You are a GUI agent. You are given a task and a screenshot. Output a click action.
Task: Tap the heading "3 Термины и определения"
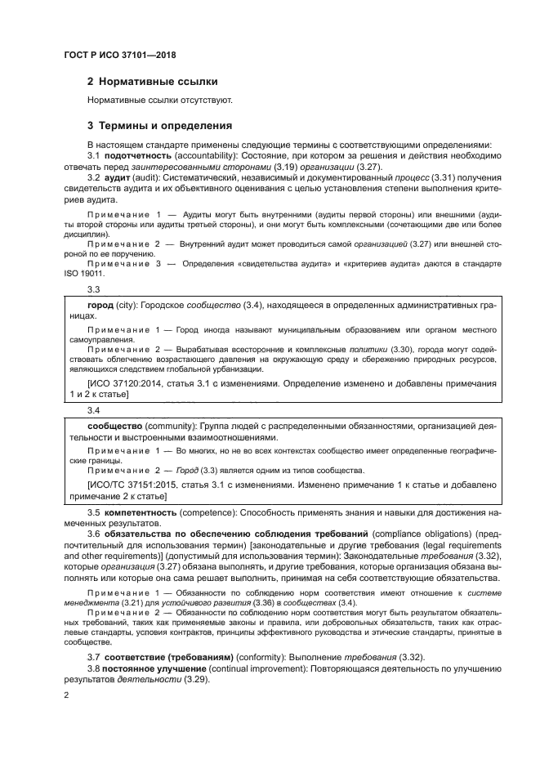point(160,126)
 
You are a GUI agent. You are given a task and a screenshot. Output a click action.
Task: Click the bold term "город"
point(100,305)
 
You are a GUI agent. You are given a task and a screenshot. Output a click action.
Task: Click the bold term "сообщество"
point(116,426)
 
